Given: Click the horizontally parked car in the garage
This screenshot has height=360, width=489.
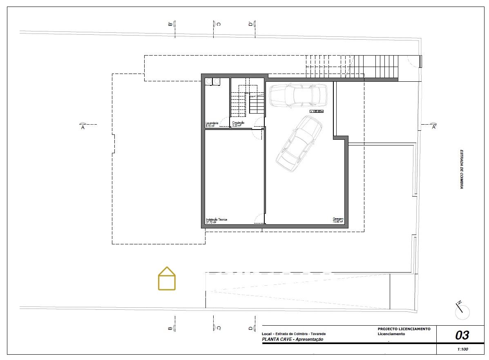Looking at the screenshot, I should click(x=298, y=96).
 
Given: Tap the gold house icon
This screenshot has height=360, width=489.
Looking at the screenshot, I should click(x=167, y=279).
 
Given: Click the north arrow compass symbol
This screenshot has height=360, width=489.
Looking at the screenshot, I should click(x=462, y=311).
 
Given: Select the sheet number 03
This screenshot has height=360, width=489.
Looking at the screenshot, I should click(x=462, y=335).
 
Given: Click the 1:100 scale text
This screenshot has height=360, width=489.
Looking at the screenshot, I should click(x=462, y=349).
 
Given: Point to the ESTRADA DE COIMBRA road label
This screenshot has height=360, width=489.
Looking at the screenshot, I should click(x=461, y=169).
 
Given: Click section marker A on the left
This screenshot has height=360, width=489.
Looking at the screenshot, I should click(x=83, y=125).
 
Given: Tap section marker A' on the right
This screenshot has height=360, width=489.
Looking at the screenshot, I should click(x=433, y=125).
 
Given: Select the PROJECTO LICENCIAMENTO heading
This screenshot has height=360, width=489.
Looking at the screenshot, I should click(x=404, y=329).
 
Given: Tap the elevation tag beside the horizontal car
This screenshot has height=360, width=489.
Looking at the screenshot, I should click(x=316, y=111).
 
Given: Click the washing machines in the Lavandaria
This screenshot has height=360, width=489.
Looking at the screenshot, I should click(x=212, y=82).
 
